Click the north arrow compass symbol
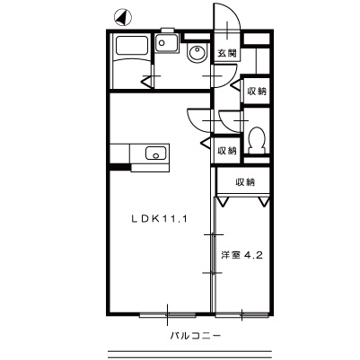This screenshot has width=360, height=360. coord(122,17)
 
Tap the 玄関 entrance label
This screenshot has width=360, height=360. coord(226,53)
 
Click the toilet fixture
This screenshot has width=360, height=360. coord(257,140)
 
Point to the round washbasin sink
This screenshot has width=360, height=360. coord(197,53)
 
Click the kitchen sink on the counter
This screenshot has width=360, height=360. coord(155,154)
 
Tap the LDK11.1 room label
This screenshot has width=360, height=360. coord(159,219)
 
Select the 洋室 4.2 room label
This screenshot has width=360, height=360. coord(241,255)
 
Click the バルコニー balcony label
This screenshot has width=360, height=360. coord(196,336)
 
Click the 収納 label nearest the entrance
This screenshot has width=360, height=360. coord(257,92)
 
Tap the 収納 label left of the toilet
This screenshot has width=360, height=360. coord(226,151)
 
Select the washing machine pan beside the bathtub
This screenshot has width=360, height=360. coord(167,43)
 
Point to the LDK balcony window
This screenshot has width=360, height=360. coord(168,314)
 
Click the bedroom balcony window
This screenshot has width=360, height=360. coord(241,314)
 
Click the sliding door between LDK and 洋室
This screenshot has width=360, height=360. coord(213,254)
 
